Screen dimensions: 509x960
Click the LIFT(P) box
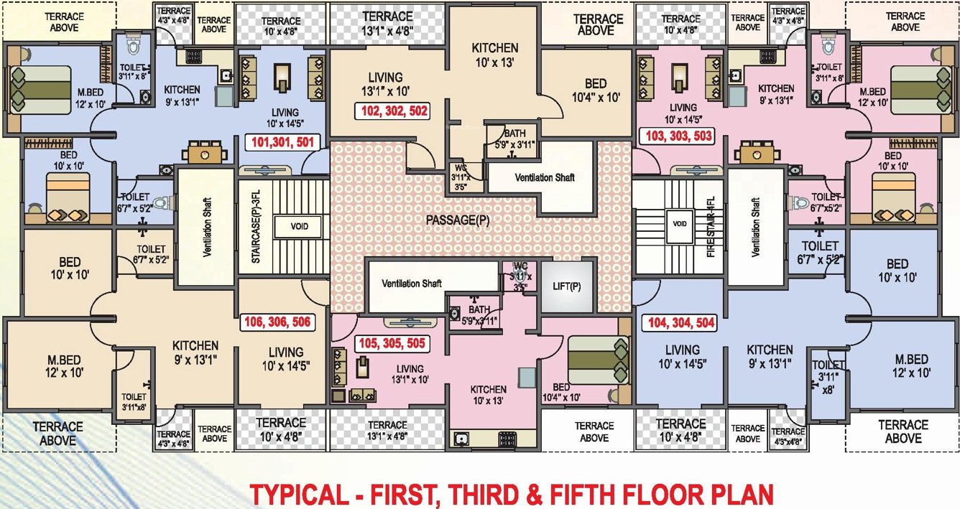tap(568, 286)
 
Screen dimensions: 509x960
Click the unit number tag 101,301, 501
tap(282, 142)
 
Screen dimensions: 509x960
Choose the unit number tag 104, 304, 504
tap(681, 323)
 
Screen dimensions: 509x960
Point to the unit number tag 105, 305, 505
tap(392, 344)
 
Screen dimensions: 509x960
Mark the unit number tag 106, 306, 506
tap(277, 322)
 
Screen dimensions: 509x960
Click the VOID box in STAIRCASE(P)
tap(300, 226)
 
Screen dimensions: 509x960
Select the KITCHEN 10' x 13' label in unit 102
tap(494, 55)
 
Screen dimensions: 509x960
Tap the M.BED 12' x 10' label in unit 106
tap(63, 365)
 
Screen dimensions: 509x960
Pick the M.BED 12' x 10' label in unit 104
tap(911, 365)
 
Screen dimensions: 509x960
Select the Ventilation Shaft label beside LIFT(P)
tap(411, 284)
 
